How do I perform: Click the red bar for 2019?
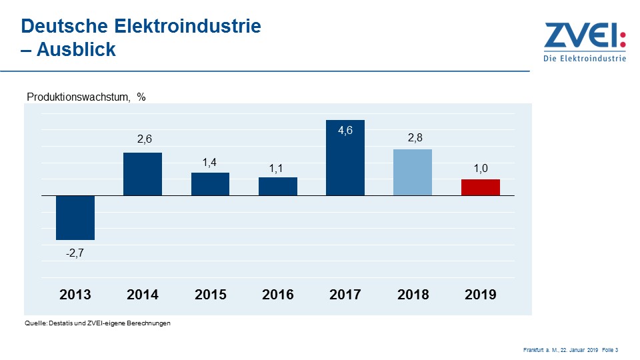point(480,187)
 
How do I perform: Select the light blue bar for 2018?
point(413,172)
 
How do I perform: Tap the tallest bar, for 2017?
point(345,158)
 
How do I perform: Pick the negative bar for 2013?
point(75,217)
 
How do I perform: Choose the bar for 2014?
point(143,174)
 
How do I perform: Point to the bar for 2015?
point(210,184)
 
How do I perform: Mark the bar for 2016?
point(277,187)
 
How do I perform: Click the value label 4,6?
point(345,131)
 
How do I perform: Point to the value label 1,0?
point(481,169)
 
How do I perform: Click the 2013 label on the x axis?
point(75,294)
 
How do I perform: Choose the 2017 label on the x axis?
point(345,294)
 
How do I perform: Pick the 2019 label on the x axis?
point(480,294)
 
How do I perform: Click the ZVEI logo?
point(585,41)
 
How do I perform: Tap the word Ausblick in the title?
point(76,49)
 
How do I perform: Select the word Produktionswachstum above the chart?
point(77,97)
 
